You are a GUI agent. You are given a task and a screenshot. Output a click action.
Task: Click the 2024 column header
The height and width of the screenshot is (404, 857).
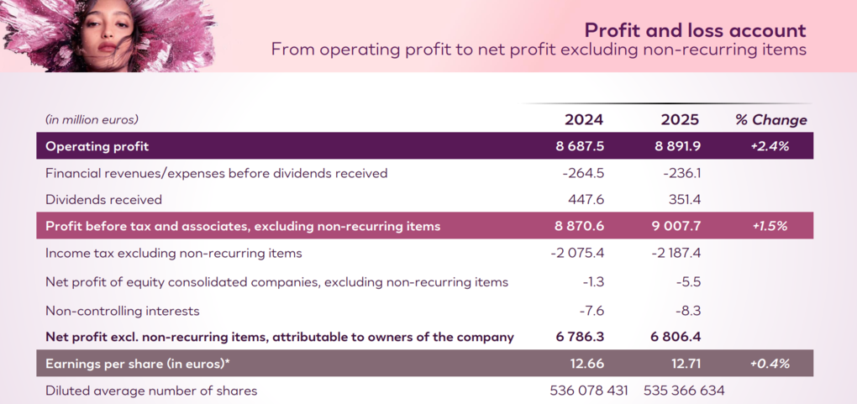pos(583,120)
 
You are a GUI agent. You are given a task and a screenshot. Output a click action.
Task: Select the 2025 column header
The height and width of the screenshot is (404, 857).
pos(680,120)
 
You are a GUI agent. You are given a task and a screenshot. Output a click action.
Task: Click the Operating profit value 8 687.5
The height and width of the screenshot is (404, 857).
pos(580,146)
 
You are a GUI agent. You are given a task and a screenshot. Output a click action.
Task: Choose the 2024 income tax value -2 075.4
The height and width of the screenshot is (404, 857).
pos(575,253)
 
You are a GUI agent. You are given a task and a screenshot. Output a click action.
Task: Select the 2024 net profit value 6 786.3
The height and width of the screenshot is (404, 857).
pos(580,338)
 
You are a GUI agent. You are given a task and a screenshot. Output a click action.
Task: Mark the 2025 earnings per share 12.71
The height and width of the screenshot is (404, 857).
pos(680,364)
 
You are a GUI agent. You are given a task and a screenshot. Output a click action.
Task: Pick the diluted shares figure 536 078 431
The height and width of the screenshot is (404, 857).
pos(588,391)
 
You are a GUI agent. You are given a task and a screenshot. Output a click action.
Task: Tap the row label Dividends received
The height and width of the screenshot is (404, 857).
pos(103,200)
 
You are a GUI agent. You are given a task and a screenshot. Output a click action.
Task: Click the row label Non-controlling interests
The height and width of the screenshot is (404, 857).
pos(123,311)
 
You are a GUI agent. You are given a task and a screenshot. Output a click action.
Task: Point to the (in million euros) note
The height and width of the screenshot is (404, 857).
pos(92,120)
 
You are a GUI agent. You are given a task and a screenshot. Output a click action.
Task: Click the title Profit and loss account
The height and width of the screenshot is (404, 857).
pos(695,31)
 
